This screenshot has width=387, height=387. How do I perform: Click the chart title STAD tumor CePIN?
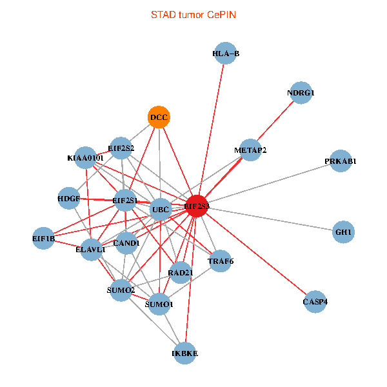coord(193,14)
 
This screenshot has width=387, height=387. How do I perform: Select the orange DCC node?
coord(159,117)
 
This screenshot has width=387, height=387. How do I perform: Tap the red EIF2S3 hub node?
coord(197,206)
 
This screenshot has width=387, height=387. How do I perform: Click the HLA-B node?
coord(226,54)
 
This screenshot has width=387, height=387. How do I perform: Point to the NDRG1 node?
coord(301,93)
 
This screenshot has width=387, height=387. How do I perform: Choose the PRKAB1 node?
coord(341,161)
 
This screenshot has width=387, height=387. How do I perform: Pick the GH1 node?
coord(344,232)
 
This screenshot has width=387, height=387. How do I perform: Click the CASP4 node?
coord(315,302)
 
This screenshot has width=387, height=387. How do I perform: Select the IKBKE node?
coord(185,353)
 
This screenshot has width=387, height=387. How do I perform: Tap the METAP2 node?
coord(250,150)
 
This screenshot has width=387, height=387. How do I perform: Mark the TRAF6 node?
coord(220,261)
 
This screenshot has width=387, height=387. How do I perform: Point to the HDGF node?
coord(68,198)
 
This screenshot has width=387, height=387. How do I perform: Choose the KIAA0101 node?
coord(85,157)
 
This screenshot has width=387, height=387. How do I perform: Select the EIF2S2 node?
coord(121,148)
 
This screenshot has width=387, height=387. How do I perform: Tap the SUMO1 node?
coord(159,304)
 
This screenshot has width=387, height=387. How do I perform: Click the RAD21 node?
coord(181,272)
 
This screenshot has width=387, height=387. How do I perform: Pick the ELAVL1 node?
coord(91,249)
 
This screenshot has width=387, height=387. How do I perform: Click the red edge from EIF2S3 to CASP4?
coord(258,255)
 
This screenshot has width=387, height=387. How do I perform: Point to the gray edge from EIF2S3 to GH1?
coord(271,219)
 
